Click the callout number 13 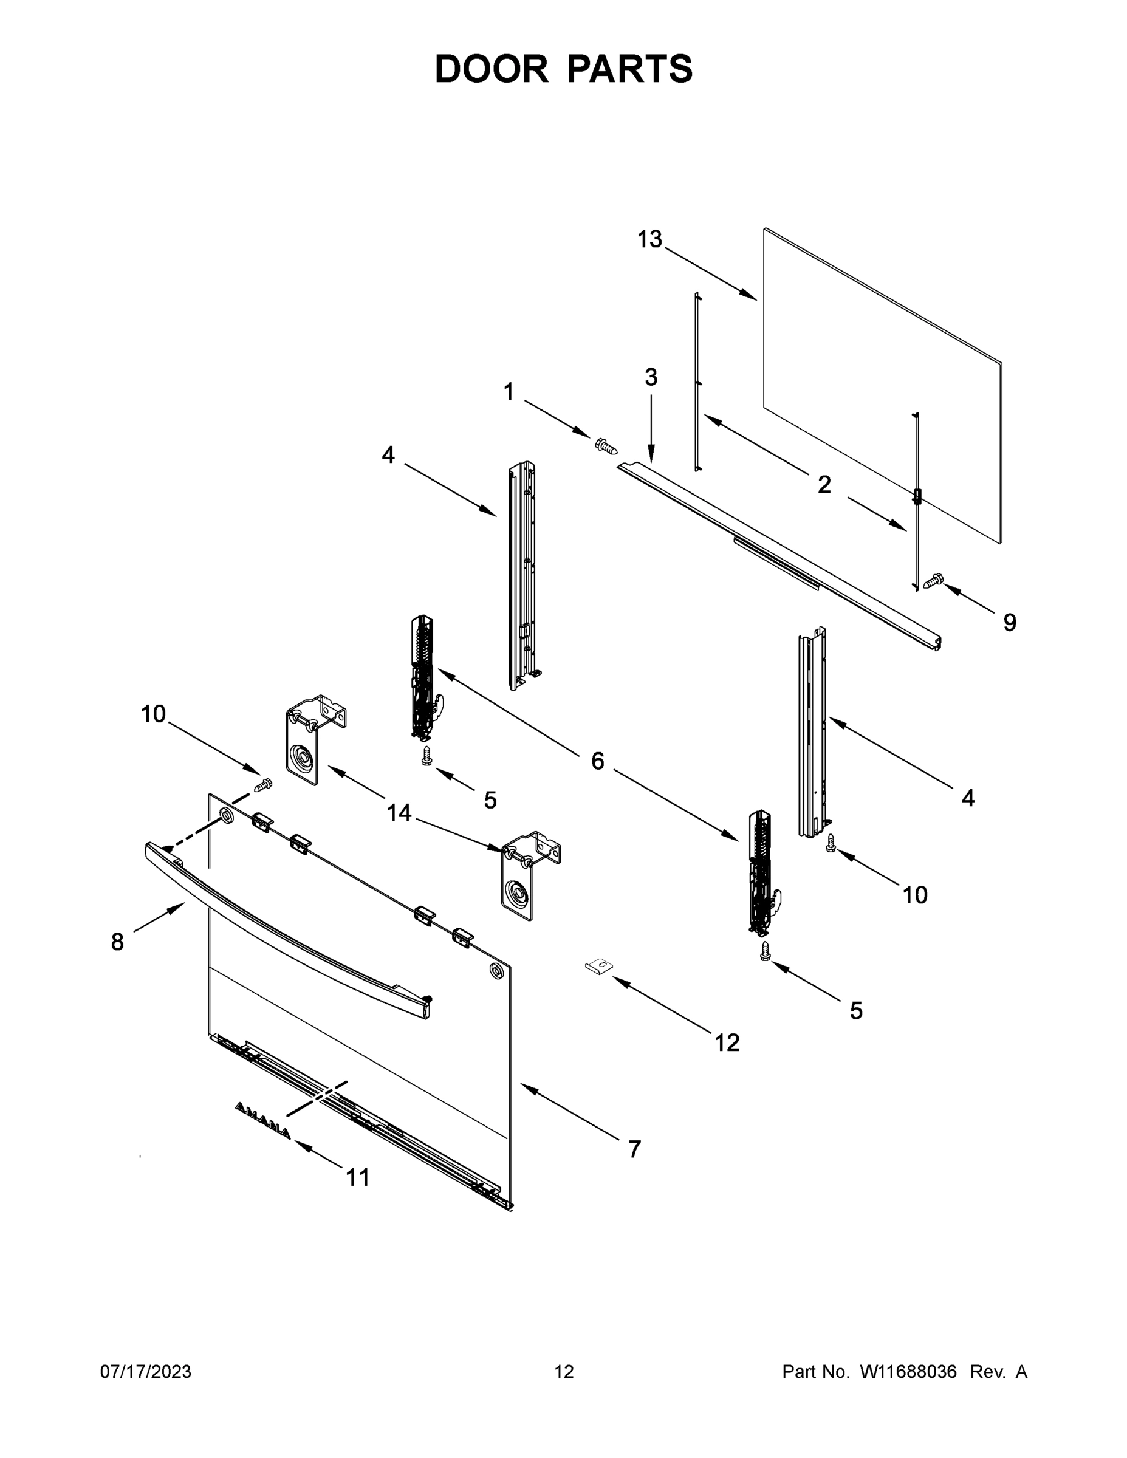pyautogui.click(x=649, y=239)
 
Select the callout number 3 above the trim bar pyautogui.click(x=651, y=377)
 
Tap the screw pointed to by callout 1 pyautogui.click(x=606, y=445)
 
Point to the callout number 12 pyautogui.click(x=727, y=1042)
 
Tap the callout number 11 pyautogui.click(x=358, y=1177)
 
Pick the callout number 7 pyautogui.click(x=634, y=1149)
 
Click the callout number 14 pyautogui.click(x=399, y=812)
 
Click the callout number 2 pyautogui.click(x=824, y=485)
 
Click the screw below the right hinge pyautogui.click(x=765, y=951)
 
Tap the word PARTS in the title pyautogui.click(x=630, y=69)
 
